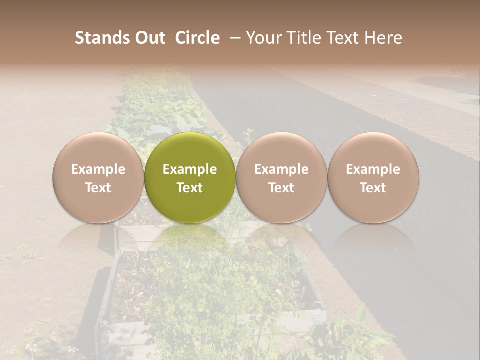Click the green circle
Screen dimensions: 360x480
tap(190, 177)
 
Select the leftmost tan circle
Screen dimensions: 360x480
tap(98, 177)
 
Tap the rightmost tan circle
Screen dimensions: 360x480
tap(373, 177)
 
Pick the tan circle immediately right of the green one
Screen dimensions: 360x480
tap(281, 177)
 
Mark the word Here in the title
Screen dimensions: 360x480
tap(384, 38)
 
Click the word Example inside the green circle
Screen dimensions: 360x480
tap(190, 169)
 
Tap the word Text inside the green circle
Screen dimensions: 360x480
tap(190, 188)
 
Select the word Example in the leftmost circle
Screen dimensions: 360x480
tap(98, 169)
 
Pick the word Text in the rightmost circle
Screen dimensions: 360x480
tap(373, 188)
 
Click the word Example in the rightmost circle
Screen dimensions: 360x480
tap(373, 169)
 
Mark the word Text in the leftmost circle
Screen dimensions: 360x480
tap(98, 188)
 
